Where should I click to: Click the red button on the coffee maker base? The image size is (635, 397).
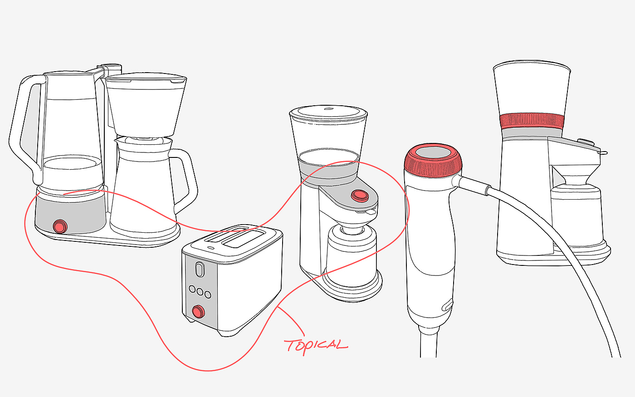[60, 226]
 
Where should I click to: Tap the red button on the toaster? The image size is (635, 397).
[198, 312]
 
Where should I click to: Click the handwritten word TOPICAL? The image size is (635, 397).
[316, 346]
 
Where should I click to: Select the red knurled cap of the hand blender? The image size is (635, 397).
[433, 161]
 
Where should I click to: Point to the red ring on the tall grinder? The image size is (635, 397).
[532, 121]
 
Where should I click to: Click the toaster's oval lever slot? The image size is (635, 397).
[200, 269]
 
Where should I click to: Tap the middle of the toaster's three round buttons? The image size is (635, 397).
[200, 292]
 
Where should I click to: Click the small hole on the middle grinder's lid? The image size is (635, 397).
[328, 108]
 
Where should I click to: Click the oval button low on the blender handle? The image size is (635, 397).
[448, 305]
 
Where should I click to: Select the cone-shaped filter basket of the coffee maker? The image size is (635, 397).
[146, 105]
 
